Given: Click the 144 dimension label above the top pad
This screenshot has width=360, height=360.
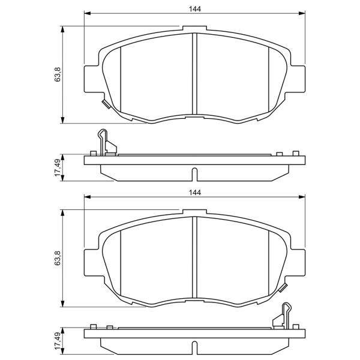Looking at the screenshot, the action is point(195,9).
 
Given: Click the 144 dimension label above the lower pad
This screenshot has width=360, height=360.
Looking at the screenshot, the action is point(195,193).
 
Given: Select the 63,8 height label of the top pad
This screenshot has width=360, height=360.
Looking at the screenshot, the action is point(58,74).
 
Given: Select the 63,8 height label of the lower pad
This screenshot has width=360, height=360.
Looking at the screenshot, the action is point(58,258).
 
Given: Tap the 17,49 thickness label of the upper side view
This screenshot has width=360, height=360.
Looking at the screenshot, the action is point(58,167).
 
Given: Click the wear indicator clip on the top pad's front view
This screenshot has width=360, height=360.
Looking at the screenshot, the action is point(106,104).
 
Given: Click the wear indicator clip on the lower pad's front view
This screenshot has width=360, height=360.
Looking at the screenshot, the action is point(283,287).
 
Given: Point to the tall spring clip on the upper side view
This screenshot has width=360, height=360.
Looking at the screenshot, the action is point(103,142).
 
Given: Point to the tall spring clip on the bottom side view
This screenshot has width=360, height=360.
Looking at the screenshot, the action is point(286,316).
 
